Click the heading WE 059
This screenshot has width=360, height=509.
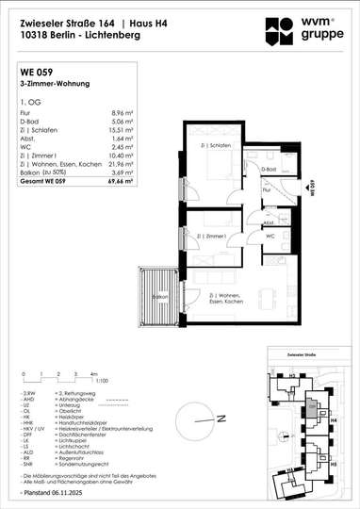pyautogui.click(x=35, y=71)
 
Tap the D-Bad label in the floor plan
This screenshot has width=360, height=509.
pyautogui.click(x=268, y=169)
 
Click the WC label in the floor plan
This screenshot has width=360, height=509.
pyautogui.click(x=270, y=236)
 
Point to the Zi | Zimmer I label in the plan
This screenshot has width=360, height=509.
pyautogui.click(x=196, y=211)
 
